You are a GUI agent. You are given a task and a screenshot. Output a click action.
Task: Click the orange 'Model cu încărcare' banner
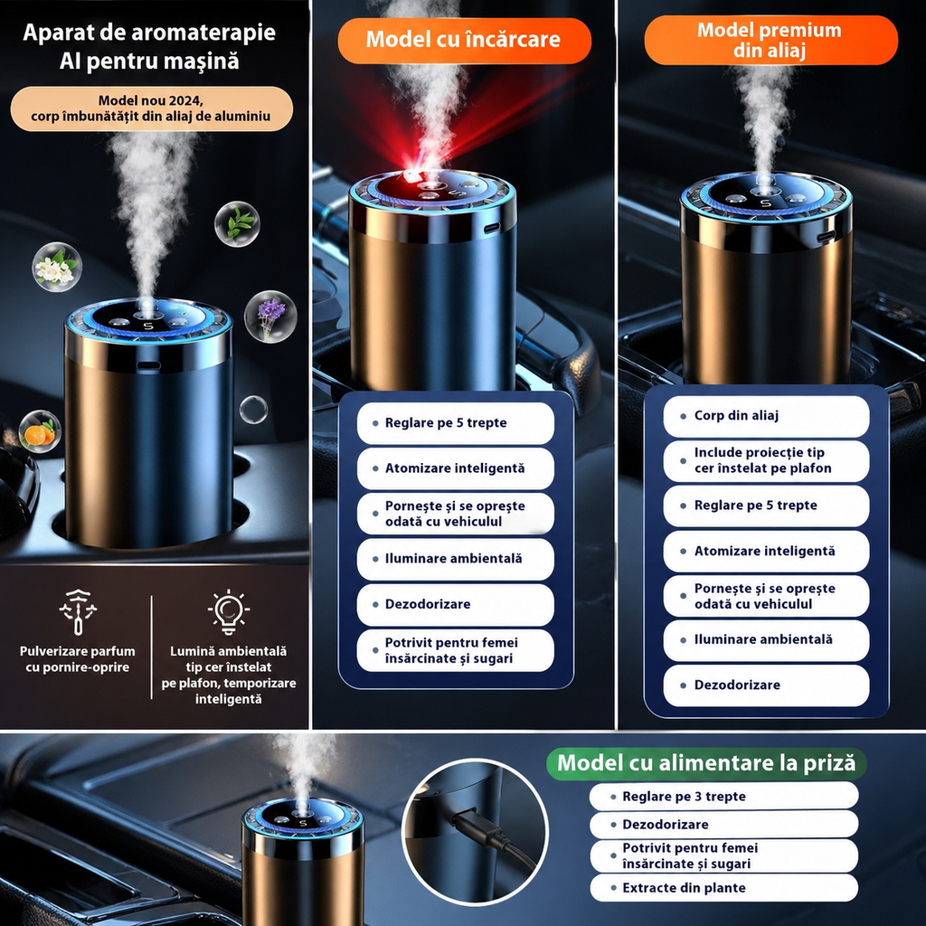(464, 40)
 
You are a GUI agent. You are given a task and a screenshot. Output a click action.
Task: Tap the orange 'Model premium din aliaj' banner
(770, 40)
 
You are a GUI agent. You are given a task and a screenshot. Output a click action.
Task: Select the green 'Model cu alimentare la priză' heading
(706, 763)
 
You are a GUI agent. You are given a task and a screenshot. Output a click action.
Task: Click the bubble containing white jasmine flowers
(57, 267)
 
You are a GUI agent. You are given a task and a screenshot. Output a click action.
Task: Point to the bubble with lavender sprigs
(270, 317)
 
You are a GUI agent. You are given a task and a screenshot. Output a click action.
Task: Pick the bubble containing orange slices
(40, 431)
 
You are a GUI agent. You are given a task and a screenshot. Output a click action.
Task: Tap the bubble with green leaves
(238, 224)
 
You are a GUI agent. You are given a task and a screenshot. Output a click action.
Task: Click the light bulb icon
(229, 612)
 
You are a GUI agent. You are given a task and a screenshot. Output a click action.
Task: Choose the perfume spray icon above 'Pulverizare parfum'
(78, 612)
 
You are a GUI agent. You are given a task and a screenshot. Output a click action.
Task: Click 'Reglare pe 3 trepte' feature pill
(723, 797)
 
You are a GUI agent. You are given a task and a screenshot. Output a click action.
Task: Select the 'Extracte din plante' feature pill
(723, 888)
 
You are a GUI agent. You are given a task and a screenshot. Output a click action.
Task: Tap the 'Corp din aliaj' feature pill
(766, 416)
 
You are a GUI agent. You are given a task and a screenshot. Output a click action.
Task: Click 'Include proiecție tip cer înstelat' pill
(766, 460)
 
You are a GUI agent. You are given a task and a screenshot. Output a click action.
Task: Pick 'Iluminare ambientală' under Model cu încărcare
(456, 559)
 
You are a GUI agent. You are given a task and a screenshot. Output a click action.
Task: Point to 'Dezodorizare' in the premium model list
(766, 685)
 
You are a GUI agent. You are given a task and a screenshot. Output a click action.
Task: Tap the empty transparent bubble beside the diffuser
(253, 410)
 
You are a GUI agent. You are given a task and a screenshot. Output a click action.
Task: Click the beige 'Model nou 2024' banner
(152, 109)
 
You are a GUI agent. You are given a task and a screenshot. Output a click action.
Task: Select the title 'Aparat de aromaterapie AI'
(149, 47)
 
